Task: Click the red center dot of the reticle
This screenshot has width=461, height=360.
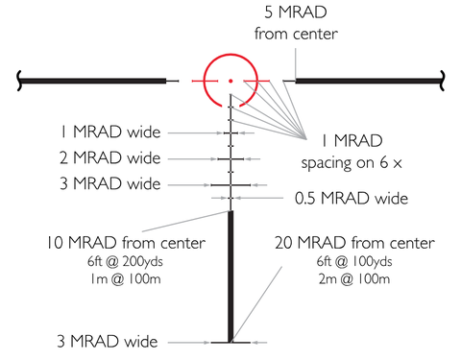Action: (230, 81)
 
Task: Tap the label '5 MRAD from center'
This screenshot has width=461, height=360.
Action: (296, 23)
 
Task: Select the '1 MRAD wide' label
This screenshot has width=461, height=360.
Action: (110, 132)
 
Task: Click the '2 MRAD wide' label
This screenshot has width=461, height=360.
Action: (109, 158)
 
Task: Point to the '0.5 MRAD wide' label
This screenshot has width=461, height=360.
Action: (352, 199)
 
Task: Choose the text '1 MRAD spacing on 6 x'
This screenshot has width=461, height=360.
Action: (352, 152)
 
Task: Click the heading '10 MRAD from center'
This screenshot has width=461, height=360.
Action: (126, 243)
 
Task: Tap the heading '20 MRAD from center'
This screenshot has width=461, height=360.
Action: (354, 243)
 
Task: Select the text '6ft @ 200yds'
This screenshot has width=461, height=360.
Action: (125, 262)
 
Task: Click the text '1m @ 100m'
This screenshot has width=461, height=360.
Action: (125, 279)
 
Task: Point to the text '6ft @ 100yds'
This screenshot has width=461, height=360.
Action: (354, 262)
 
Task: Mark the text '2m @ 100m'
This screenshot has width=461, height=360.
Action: (354, 279)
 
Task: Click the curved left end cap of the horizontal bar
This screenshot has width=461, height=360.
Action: (19, 81)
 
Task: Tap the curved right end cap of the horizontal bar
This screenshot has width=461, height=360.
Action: (442, 81)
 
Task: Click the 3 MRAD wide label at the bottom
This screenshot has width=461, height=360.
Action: (108, 342)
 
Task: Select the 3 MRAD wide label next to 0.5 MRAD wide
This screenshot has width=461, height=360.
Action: (109, 184)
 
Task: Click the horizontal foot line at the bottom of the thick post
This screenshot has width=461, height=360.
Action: (230, 343)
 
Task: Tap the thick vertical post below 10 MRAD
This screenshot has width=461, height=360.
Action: (230, 276)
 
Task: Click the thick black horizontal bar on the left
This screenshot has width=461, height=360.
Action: (94, 81)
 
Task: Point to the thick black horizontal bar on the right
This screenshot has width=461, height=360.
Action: (368, 81)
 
